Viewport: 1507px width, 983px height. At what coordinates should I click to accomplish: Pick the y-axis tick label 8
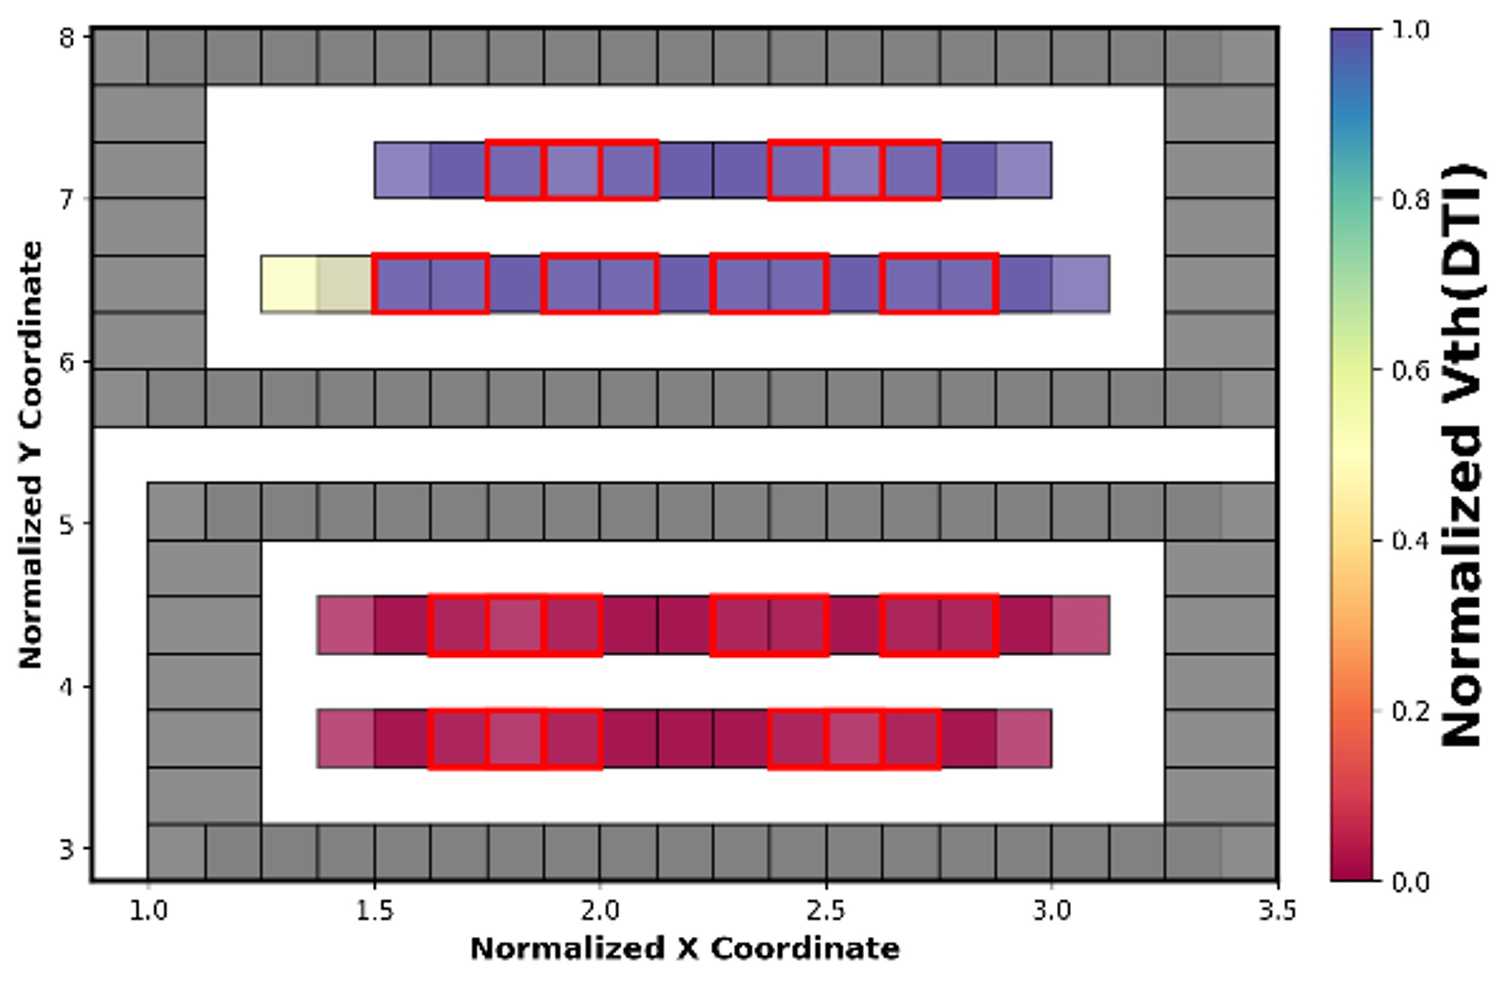pos(67,39)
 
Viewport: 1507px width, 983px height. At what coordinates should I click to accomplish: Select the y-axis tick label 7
pos(67,199)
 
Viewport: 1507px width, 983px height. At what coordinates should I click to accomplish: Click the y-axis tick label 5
pos(67,525)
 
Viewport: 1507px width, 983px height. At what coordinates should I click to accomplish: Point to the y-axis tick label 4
pos(67,686)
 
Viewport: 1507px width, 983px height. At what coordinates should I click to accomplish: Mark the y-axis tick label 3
pos(67,848)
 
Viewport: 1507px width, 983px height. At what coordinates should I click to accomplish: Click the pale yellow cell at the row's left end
pos(289,284)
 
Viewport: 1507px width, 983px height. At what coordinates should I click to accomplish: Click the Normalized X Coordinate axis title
pos(684,949)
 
